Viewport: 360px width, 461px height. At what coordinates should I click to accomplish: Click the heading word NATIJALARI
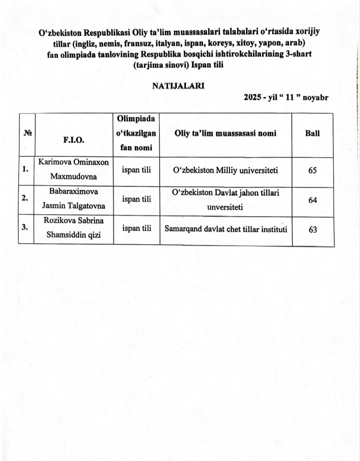pos(178,86)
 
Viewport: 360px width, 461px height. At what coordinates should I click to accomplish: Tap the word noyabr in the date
pos(315,98)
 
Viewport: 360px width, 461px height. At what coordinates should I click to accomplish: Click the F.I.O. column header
pos(74,140)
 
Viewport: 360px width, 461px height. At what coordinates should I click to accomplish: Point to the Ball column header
pos(312,133)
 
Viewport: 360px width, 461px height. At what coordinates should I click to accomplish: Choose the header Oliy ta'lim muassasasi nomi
pos(225,133)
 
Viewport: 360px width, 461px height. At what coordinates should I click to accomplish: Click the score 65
pos(312,170)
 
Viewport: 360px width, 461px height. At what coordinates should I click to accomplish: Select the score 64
pos(312,200)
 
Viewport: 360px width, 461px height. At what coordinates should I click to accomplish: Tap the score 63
pos(312,229)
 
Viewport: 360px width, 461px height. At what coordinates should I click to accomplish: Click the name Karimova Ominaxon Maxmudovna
pos(74,170)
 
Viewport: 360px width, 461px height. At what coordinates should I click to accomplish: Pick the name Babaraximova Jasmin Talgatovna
pos(74,199)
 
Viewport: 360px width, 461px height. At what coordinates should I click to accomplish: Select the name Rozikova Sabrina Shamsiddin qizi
pos(74,228)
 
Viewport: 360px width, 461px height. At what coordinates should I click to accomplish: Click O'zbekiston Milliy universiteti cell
pos(225,170)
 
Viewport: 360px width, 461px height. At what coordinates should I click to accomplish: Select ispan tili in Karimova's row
pos(136,170)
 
